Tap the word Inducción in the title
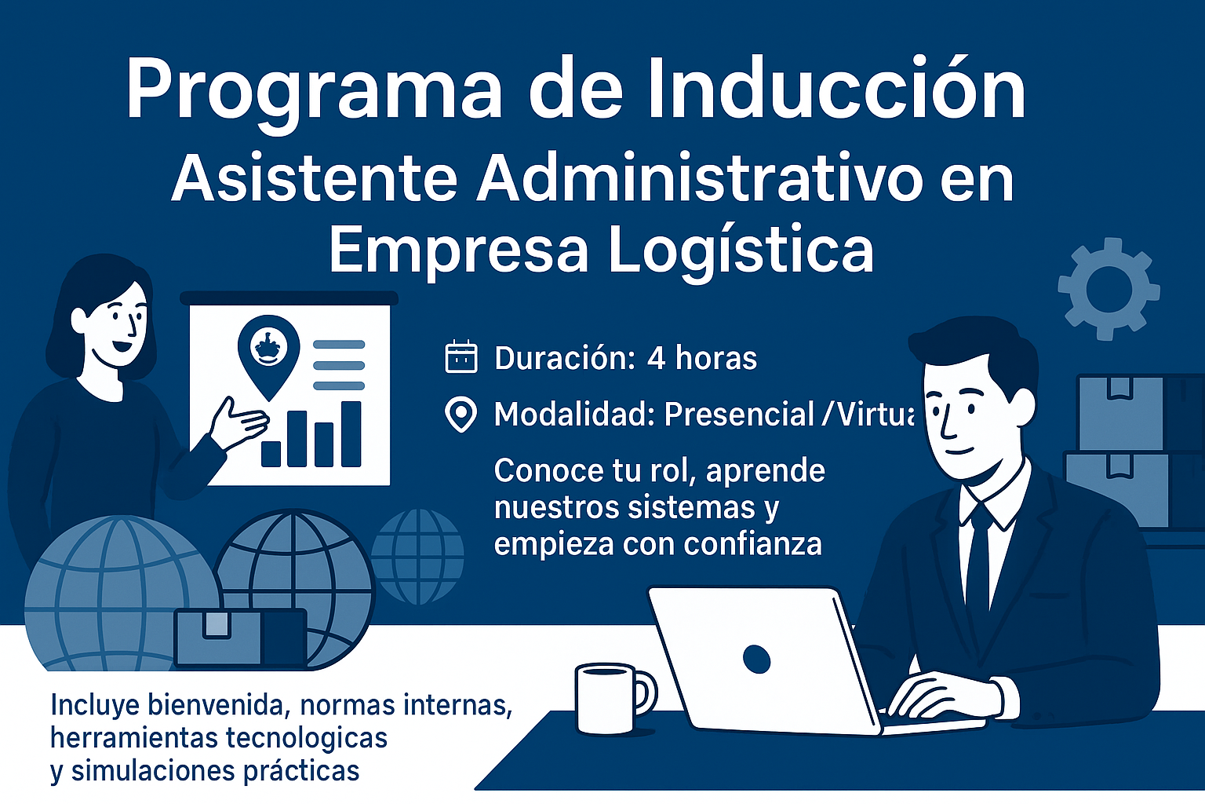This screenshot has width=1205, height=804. coord(836,86)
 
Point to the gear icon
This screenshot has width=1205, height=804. coord(1109,289)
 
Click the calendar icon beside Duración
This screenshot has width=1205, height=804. coord(461,356)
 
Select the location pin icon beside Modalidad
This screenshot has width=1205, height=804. coord(461,415)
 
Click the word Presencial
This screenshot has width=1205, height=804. coord(739,415)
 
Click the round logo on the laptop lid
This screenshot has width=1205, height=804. coord(756,660)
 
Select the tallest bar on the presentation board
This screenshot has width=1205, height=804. coord(351,434)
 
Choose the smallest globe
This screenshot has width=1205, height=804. coord(417,557)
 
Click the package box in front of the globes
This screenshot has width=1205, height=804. coord(241,638)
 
